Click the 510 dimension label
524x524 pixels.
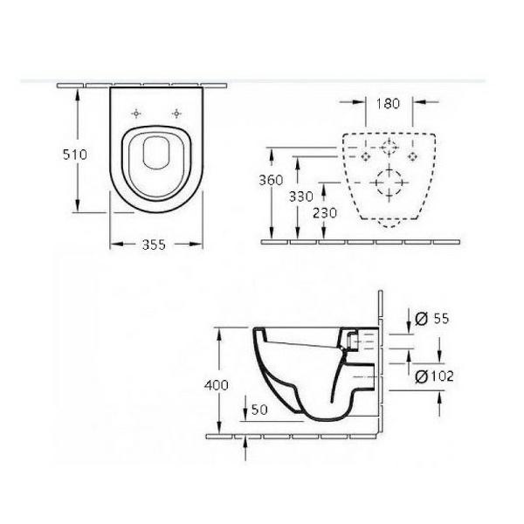click(x=75, y=155)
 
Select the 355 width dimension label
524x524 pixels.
click(x=154, y=245)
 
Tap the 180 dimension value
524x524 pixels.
click(x=388, y=104)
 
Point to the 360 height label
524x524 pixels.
click(x=271, y=180)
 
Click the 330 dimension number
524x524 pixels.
click(x=300, y=196)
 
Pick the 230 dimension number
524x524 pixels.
click(x=325, y=213)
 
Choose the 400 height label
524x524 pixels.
click(x=217, y=385)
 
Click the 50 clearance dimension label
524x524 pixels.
click(x=259, y=410)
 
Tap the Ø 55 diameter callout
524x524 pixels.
click(x=431, y=319)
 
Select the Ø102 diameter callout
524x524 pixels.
click(x=434, y=376)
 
